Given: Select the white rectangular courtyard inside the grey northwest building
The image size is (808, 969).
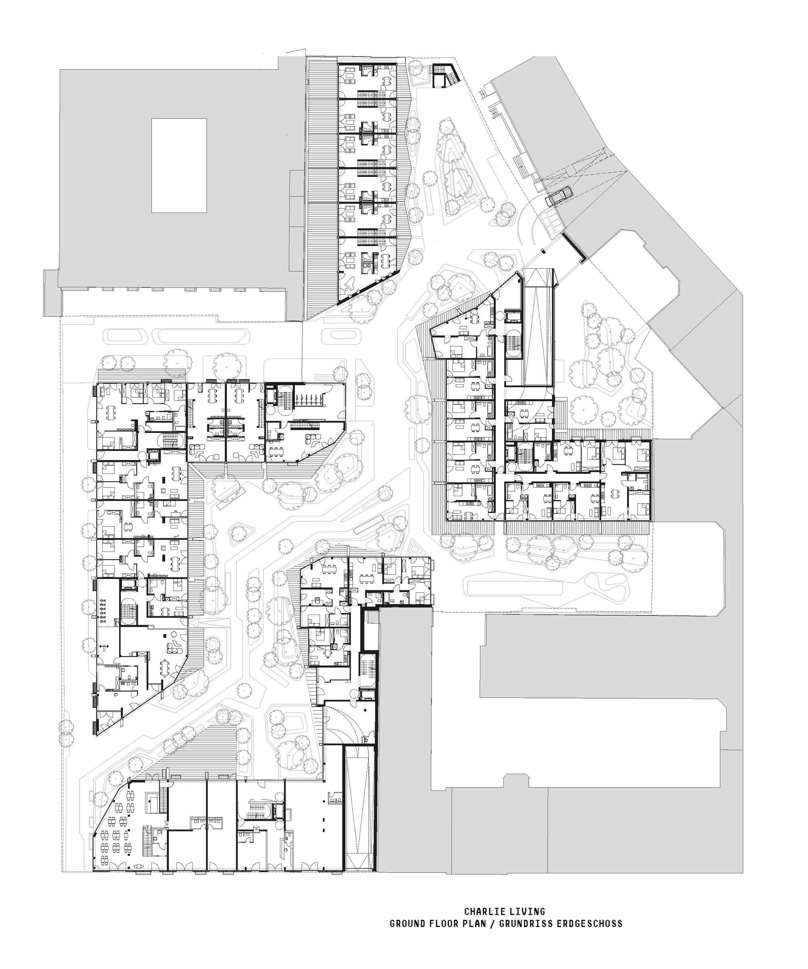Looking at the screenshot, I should [x=179, y=165].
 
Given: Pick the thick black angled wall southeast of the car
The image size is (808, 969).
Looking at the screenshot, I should [x=574, y=247].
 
